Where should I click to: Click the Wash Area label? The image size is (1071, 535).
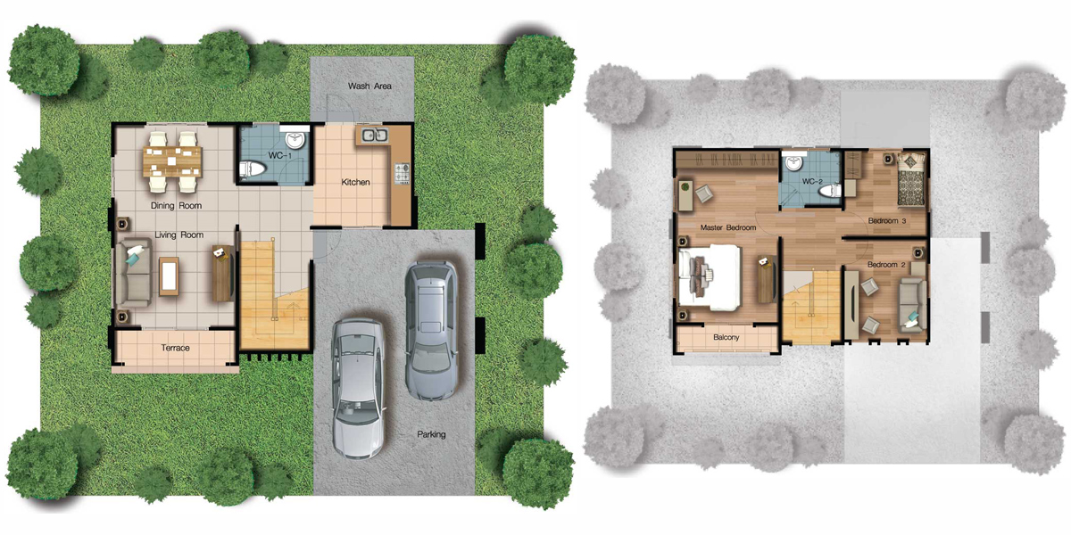(369, 86)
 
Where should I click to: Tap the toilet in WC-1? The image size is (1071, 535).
(252, 169)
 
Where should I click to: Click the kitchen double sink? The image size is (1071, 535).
(374, 136)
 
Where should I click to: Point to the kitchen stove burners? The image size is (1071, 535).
(403, 173)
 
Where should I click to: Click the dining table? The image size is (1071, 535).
(172, 161)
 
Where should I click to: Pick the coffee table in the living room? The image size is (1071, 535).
(169, 276)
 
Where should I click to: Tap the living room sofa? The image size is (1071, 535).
(133, 272)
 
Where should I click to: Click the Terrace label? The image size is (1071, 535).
(175, 348)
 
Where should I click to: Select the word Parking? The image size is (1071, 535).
(431, 434)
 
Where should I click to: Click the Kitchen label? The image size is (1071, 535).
(355, 182)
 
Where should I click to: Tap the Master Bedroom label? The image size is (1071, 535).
(728, 227)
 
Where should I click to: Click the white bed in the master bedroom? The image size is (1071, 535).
(710, 277)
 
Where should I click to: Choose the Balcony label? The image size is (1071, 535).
(726, 337)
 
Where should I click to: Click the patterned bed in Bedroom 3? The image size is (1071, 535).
(911, 179)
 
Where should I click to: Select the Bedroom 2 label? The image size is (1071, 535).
(886, 264)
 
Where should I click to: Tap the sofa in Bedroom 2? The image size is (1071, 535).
(911, 305)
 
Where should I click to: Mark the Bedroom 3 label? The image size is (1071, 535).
(887, 221)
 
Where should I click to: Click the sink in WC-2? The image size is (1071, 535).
(794, 162)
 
